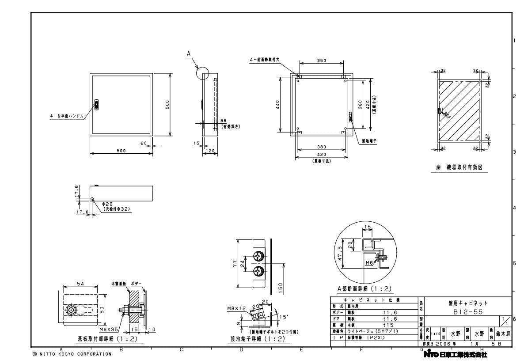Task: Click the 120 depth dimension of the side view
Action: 210,151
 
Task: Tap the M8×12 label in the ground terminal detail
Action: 235,308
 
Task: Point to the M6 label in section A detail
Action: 369,263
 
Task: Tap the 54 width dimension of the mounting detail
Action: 80,283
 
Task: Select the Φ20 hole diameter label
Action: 109,204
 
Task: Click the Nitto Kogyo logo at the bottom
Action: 455,354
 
